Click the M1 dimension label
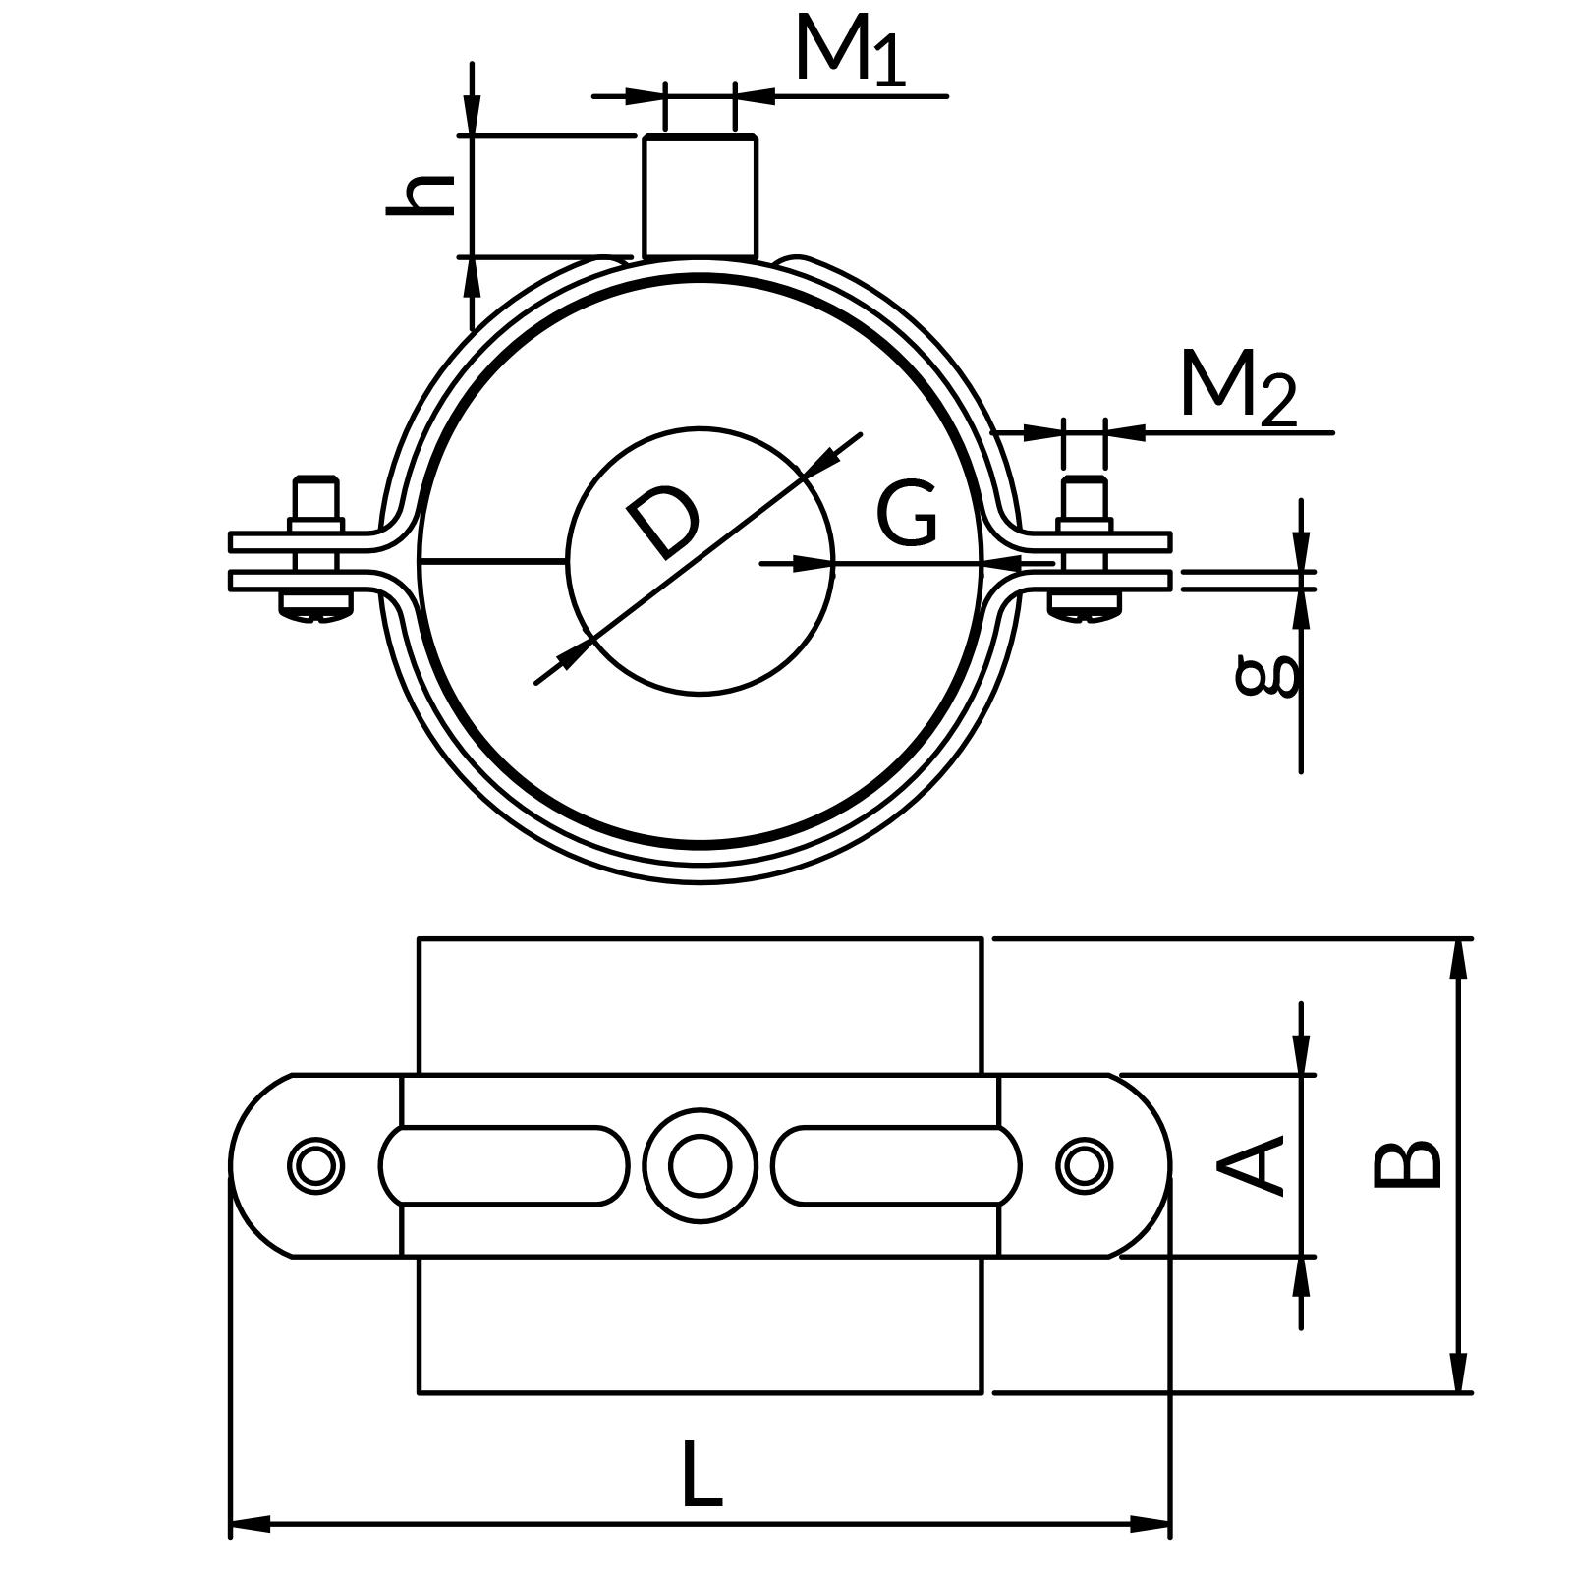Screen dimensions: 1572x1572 coord(851,49)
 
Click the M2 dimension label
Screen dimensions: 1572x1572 coord(1238,387)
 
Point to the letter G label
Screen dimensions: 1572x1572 coord(907,514)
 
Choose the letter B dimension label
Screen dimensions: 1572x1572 coord(1407,1165)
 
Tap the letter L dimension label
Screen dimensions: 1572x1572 coord(701,1474)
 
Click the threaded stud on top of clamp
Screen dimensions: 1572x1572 coord(700,196)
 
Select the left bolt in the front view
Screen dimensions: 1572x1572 coord(315,550)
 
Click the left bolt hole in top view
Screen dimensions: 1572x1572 coord(315,1166)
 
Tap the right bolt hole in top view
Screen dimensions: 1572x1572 coord(1084,1166)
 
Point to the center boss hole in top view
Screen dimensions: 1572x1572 coord(700,1166)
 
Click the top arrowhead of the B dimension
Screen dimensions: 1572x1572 coord(1458,958)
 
